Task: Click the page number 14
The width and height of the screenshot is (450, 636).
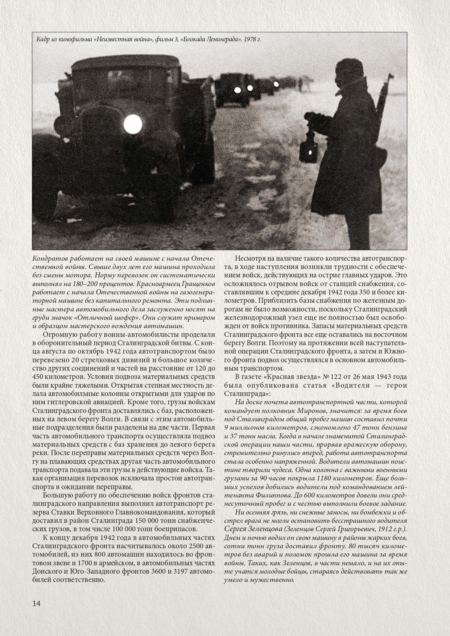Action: coord(36,603)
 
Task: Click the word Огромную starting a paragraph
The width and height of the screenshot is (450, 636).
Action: coord(60,335)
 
